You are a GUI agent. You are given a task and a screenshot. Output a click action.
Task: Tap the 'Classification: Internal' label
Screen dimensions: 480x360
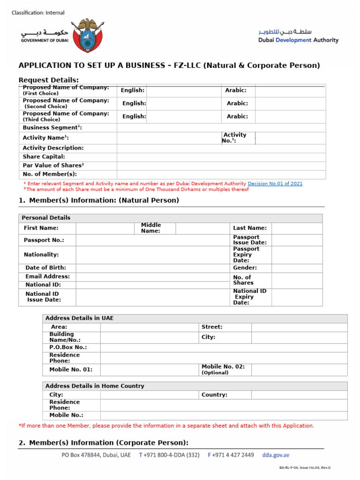point(38,13)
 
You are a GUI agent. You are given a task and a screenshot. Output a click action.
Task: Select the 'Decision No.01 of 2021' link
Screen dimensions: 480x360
point(275,184)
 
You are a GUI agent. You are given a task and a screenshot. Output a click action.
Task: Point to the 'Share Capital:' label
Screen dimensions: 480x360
point(44,157)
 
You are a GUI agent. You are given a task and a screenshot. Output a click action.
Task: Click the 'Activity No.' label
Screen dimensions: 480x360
point(235,138)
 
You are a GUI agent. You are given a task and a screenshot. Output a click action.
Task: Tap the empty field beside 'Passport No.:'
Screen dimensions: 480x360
point(152,240)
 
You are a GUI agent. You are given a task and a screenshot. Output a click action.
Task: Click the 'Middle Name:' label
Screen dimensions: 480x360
point(151,228)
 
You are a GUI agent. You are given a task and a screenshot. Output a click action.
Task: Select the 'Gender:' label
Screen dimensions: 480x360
point(245,268)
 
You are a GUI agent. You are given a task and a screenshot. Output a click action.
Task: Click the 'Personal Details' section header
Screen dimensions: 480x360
point(46,218)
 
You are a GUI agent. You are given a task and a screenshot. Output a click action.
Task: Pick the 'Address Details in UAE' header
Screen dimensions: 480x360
point(79,318)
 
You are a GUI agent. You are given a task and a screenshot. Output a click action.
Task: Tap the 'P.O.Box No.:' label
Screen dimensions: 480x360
point(68,347)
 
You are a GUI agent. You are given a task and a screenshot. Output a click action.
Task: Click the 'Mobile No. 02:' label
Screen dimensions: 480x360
point(223,367)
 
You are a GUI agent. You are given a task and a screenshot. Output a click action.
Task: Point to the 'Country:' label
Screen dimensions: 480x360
point(214,395)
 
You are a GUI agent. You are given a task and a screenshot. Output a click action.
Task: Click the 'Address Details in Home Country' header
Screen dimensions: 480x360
point(94,386)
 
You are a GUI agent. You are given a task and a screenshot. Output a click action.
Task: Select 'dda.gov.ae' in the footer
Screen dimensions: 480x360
point(276,455)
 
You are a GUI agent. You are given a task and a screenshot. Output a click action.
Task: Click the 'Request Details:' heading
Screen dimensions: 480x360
point(48,80)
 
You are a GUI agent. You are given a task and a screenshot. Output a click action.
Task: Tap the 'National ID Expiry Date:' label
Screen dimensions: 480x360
point(249,297)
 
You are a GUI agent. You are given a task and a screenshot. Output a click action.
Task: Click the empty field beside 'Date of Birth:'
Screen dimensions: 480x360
point(152,268)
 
